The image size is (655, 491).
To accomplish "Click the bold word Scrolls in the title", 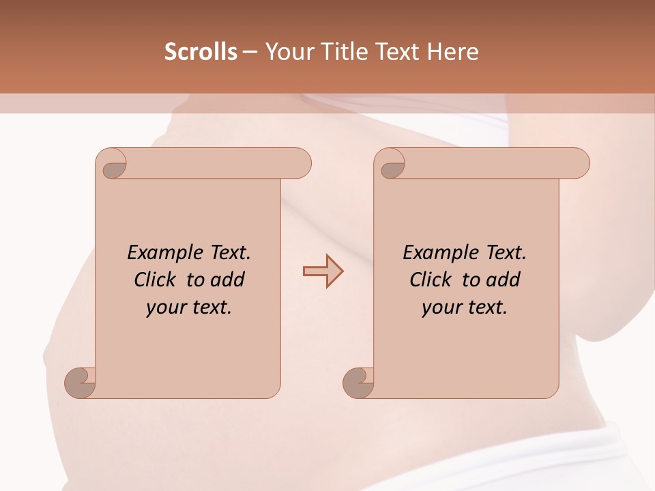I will coord(201,52).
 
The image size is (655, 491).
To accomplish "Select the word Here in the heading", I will coord(453,52).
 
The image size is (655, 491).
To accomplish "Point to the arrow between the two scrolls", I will coord(323,271).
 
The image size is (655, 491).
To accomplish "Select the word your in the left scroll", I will coord(164,308).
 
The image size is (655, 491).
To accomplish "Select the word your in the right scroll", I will coord(440,308).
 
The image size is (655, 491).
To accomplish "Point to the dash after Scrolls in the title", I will coord(250,52).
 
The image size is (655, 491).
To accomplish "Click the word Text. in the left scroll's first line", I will coord(228,253).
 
